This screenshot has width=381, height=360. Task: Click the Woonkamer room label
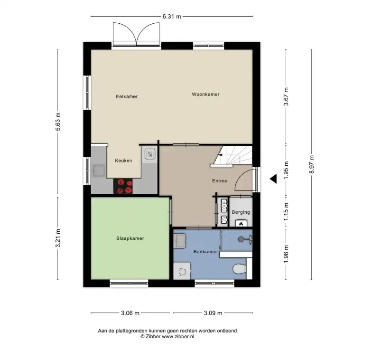pos(205,95)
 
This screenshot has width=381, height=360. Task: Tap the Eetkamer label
pos(127,96)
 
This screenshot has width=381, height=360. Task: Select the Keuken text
pos(123,161)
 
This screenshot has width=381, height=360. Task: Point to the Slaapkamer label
pos(130,238)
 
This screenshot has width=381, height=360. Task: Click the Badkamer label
pos(205,252)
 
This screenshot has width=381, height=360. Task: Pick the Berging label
pos(241,212)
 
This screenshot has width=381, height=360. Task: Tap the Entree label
pos(220,181)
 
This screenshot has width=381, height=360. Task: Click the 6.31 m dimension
pos(172,17)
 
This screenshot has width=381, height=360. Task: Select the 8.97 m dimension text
pos(312,164)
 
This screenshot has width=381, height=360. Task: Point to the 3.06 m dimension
pos(130,313)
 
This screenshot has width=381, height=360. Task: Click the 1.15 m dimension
pos(286,212)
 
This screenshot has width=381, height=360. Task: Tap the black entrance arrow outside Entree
pos(273,179)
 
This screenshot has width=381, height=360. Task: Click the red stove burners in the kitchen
pos(123,186)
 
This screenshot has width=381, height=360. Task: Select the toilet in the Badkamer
pos(239,269)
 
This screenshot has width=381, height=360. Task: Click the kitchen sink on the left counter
pos(99,171)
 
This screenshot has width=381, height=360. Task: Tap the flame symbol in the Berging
pos(241,224)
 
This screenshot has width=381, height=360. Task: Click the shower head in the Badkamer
pos(241,239)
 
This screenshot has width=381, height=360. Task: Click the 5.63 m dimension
pos(58,122)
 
